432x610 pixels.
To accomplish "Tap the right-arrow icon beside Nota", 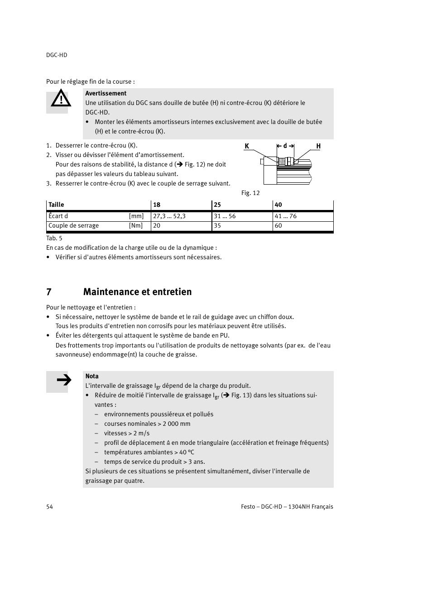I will pos(64,380).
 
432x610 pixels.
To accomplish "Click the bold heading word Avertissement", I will pos(106,93).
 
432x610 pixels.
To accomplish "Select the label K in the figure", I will pos(247,146).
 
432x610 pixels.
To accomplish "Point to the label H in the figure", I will pos(318,146).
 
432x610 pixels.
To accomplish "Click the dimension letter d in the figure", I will pos(285,146).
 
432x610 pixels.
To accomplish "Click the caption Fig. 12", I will pos(250,193).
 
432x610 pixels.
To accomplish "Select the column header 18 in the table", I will pos(157,205).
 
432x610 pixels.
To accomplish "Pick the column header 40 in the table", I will pos(278,205).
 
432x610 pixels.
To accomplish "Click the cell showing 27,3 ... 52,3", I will pos(169,216).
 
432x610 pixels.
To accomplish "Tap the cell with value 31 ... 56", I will pos(225,216).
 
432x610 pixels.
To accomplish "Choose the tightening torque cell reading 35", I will pos(217,226).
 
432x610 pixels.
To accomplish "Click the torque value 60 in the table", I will pos(278,226).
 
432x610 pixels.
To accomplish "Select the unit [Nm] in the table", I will pos(136,226).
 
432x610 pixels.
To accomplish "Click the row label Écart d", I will pos(58,216).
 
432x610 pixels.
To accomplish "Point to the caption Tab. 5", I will pos(54,238).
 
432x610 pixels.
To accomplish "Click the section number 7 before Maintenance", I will pos(49,292).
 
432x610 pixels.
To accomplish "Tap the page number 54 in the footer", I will pos(49,506).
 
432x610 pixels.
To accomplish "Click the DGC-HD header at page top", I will pos(57,55).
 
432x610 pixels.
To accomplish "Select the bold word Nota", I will pos(92,376).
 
